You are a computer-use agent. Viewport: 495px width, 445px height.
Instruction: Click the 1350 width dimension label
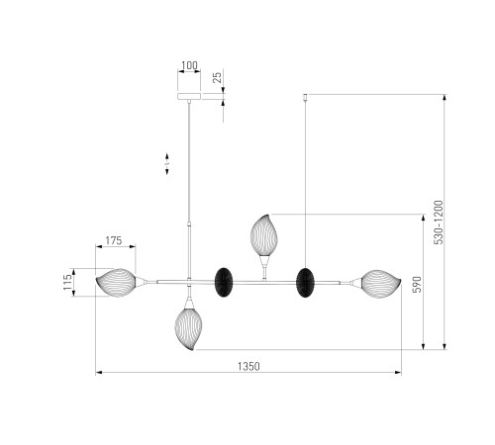coord(248,366)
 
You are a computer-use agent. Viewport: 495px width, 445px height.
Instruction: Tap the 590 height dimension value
coord(417,285)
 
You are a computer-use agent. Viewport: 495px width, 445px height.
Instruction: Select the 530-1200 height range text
coord(439,222)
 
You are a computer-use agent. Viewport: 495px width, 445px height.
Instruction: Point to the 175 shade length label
coord(114,240)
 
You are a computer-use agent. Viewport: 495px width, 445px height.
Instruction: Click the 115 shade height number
coord(67,282)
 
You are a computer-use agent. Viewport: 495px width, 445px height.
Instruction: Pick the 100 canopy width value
coord(189,65)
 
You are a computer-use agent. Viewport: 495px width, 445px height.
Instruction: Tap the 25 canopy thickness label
coord(217,77)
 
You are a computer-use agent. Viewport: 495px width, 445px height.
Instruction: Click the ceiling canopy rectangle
coord(189,96)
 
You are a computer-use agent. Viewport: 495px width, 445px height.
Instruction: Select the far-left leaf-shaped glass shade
coord(116,283)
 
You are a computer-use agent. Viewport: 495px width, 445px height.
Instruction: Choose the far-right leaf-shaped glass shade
coord(381,284)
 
